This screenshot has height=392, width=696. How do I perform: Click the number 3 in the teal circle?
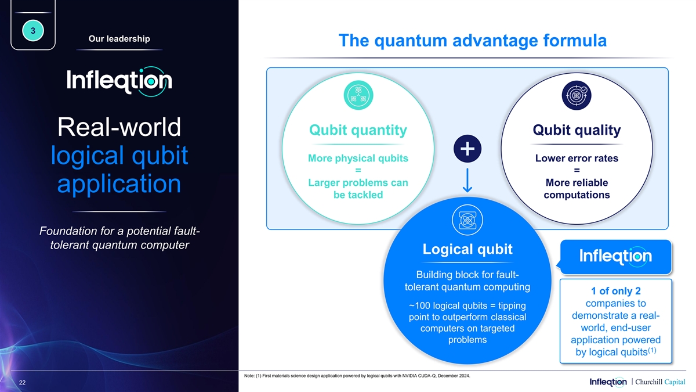[x=33, y=31]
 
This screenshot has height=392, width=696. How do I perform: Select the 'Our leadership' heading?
[x=119, y=38]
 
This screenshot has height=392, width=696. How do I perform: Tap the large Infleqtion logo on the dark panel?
[x=119, y=81]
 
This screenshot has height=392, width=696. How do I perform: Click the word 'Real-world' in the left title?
[x=119, y=127]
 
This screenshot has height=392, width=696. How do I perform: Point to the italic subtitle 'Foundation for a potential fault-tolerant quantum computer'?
[x=119, y=238]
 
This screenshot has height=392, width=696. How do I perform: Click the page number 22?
[x=23, y=383]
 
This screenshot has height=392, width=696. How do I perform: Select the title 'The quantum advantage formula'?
[x=473, y=41]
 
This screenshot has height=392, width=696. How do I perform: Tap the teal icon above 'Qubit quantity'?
[x=358, y=95]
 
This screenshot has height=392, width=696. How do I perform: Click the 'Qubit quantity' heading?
[x=358, y=130]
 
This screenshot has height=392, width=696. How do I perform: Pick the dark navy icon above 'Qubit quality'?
[x=577, y=95]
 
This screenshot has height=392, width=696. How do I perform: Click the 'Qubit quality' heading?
[x=577, y=130]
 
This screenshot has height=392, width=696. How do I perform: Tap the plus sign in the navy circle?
[x=467, y=149]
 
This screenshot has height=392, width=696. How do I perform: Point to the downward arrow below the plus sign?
[x=467, y=180]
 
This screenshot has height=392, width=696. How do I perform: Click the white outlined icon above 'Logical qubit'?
[x=467, y=220]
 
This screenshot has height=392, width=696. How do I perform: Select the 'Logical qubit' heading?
[x=467, y=249]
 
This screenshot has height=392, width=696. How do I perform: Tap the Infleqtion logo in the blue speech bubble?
[x=615, y=256]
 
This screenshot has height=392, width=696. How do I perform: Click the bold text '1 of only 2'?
[x=616, y=291]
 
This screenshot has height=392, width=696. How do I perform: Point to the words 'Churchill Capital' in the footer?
[x=660, y=382]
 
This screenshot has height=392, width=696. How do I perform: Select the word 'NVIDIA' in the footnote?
[x=409, y=376]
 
